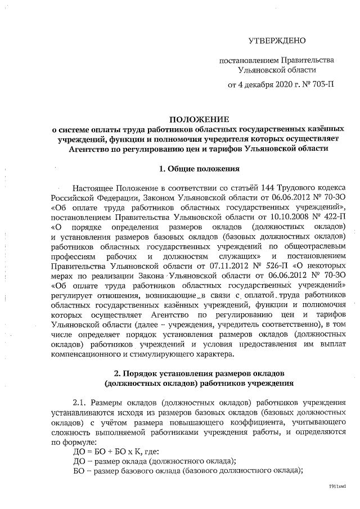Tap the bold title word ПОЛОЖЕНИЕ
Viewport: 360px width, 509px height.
[199, 120]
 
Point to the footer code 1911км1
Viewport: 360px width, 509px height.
[337, 485]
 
